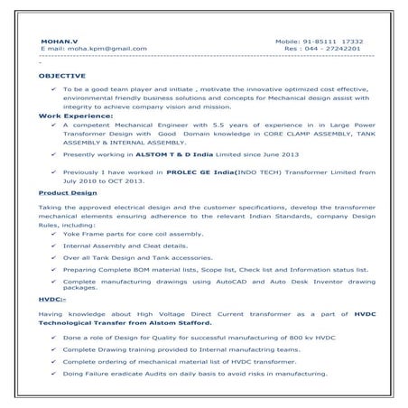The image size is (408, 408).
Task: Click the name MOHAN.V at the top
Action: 53,42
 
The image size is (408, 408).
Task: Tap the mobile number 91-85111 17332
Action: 332,42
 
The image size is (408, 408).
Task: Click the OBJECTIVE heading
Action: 62,78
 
